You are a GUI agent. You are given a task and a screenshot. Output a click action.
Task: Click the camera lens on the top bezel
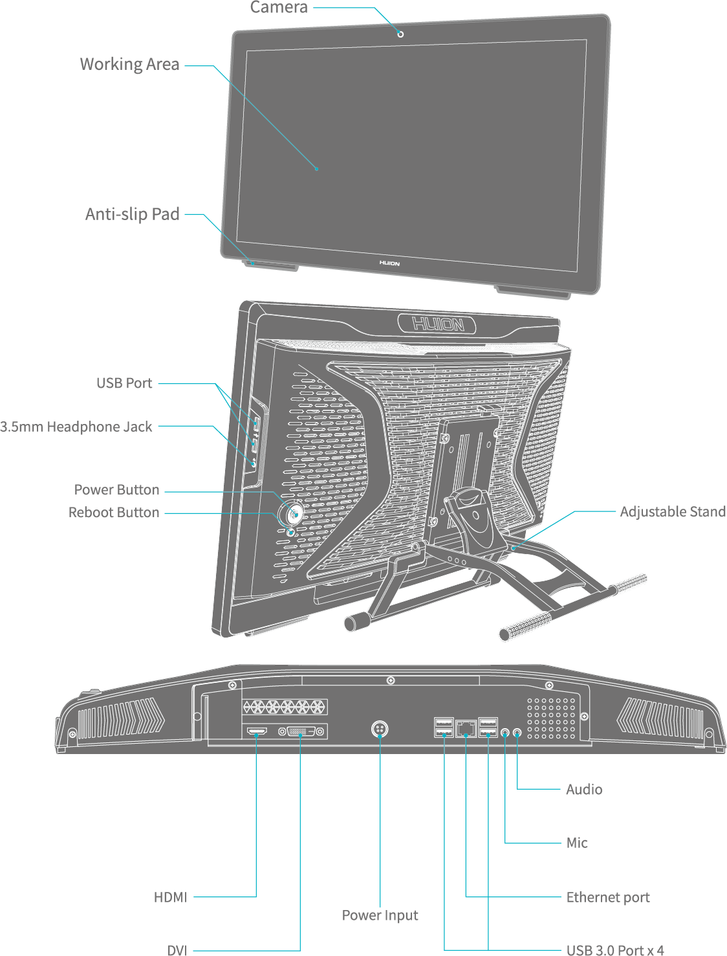coord(400,34)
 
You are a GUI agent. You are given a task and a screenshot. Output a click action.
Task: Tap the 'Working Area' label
coord(129,65)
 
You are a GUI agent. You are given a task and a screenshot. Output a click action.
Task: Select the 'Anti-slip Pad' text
coord(132,214)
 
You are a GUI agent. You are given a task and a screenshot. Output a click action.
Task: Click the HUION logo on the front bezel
coord(389,263)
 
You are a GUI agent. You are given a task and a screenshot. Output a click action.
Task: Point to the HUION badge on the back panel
coord(437,324)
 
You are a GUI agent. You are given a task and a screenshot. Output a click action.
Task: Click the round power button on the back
coord(295,514)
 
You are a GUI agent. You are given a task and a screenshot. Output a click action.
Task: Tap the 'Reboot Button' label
coord(114,513)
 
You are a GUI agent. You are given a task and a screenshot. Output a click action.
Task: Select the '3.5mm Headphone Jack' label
coord(76,427)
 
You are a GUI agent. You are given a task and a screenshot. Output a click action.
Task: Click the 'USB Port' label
coord(124,383)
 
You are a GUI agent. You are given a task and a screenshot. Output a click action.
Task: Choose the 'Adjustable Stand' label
coord(673,512)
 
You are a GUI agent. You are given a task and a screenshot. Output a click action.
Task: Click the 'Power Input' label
coord(380,915)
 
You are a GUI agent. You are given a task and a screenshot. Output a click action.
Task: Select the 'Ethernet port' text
coord(608,898)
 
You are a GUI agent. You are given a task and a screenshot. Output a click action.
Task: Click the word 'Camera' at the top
coord(279,7)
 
